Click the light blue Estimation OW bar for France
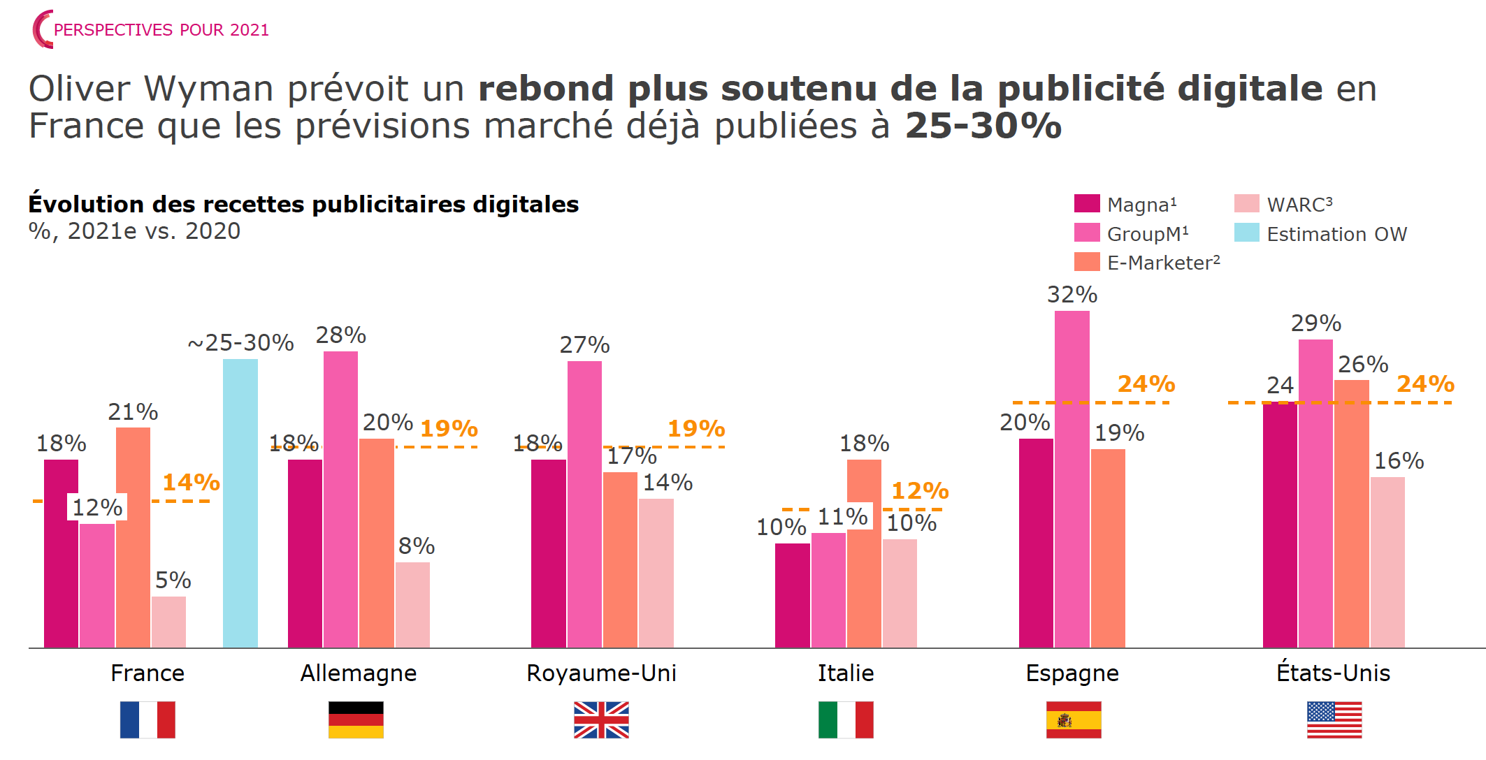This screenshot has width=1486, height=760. [240, 503]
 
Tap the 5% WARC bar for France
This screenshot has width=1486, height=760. [168, 622]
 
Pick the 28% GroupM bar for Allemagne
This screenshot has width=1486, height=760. [340, 499]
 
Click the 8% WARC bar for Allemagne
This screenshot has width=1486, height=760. [412, 605]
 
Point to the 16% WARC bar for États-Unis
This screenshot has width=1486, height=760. [1387, 562]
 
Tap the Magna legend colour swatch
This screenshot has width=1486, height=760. [1086, 203]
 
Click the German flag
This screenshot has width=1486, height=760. [356, 719]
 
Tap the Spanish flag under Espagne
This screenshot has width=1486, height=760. [1073, 719]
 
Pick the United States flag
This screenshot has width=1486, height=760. [1334, 719]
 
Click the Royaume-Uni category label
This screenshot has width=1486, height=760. [601, 673]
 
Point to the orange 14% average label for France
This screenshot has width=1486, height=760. [191, 482]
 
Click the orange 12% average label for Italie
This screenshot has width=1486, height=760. [920, 490]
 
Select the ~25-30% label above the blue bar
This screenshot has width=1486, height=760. [240, 342]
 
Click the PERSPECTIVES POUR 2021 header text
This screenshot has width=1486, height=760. [161, 30]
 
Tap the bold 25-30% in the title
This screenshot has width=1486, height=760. [983, 126]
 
